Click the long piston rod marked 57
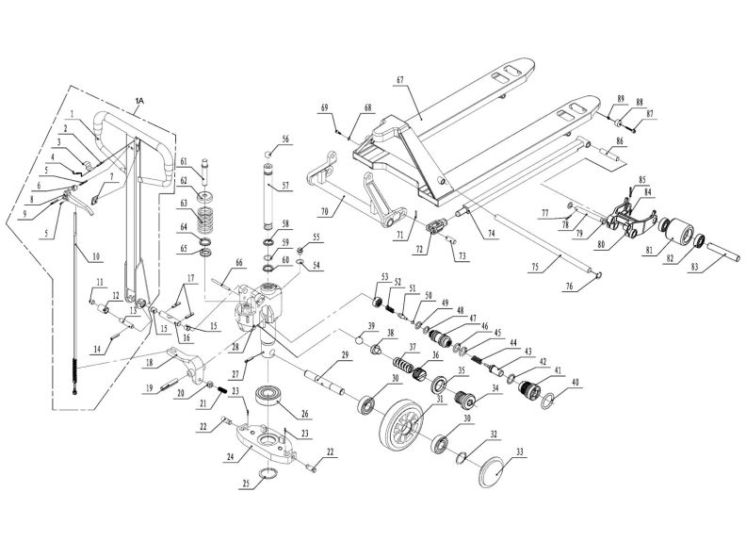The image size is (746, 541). pos(270,197)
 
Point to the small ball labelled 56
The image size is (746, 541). pos(268,153)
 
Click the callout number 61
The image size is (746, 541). pos(186,161)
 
